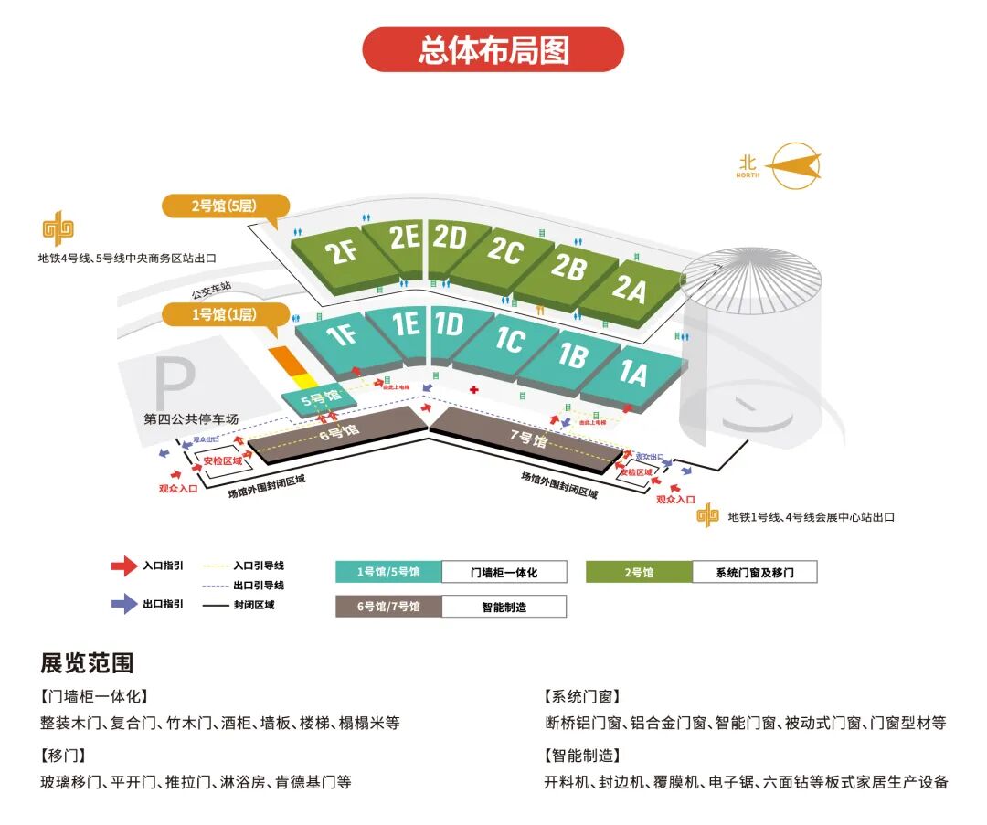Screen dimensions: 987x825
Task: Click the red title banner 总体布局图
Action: [x=493, y=49]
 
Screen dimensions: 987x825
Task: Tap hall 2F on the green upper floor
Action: [x=344, y=252]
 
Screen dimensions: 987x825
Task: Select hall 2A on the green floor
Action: [x=629, y=290]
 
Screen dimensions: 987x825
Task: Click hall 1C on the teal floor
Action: [x=509, y=341]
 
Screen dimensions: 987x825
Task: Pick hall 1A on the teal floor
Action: [x=632, y=374]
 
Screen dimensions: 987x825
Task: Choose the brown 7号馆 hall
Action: [x=527, y=439]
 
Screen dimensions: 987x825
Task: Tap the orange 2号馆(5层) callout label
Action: [x=225, y=206]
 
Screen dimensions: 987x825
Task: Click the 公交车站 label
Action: [x=211, y=293]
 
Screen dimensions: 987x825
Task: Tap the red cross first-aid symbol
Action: [x=473, y=390]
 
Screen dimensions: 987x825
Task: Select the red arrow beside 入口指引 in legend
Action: [x=123, y=566]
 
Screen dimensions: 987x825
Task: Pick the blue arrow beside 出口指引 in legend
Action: [x=123, y=604]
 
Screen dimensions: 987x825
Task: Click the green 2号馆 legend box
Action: [x=639, y=573]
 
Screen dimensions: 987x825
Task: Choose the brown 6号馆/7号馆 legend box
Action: [x=388, y=607]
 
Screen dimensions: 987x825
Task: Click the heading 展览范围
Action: [x=86, y=662]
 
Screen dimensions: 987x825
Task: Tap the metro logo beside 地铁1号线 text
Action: [x=707, y=516]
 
